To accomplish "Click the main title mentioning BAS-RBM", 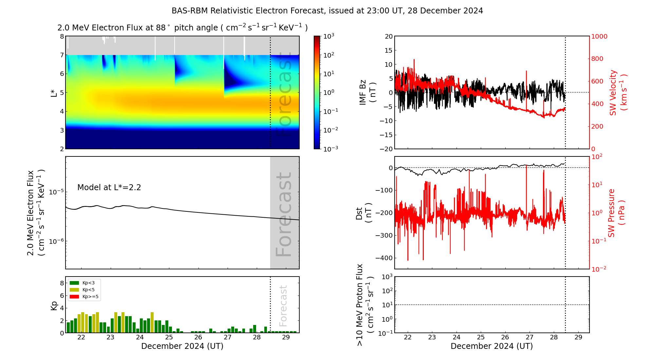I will pyautogui.click(x=327, y=11).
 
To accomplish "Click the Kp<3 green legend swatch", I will pyautogui.click(x=74, y=283).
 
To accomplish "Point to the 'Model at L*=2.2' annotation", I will pyautogui.click(x=109, y=188).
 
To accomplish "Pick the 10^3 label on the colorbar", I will pyautogui.click(x=328, y=36).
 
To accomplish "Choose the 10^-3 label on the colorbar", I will pyautogui.click(x=330, y=149).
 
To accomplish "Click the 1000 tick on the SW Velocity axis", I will pyautogui.click(x=599, y=36).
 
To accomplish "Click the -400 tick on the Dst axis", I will pyautogui.click(x=384, y=258).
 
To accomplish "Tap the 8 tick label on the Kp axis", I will pyautogui.click(x=62, y=283).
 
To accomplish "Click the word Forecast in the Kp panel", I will pyautogui.click(x=283, y=306).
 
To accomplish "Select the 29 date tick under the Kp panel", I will pyautogui.click(x=286, y=337).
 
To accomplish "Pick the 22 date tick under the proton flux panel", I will pyautogui.click(x=408, y=337).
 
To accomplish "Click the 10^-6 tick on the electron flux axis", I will pyautogui.click(x=56, y=242).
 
